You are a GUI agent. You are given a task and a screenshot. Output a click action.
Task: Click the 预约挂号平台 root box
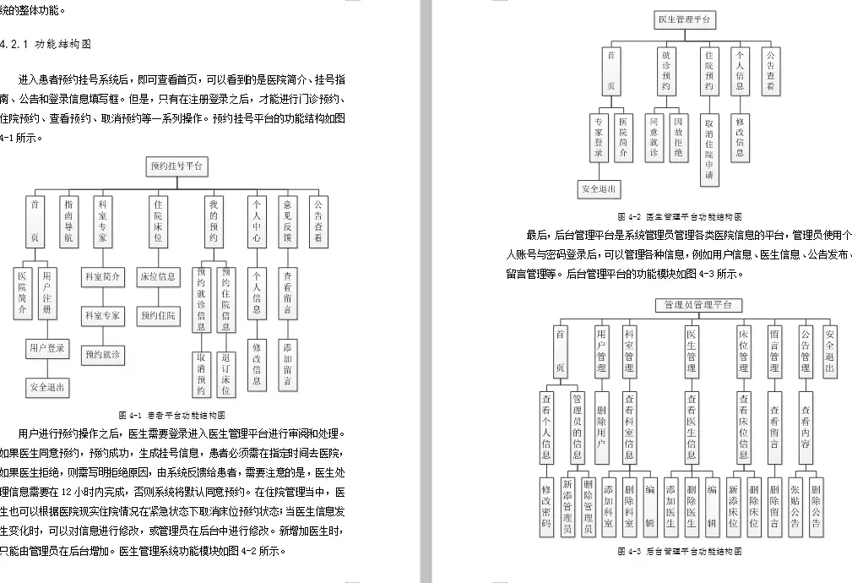[x=176, y=166]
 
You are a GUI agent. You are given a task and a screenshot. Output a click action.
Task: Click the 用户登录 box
[x=46, y=347]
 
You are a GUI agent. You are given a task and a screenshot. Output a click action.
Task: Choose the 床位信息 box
[x=158, y=276]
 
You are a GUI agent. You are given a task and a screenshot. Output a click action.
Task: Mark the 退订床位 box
[x=226, y=373]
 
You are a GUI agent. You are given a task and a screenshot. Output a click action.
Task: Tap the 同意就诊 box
[x=654, y=137]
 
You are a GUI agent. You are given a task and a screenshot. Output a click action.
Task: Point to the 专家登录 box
[x=599, y=137]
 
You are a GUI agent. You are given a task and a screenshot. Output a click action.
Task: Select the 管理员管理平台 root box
[x=697, y=305]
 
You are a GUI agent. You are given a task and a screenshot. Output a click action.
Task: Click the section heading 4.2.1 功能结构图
[x=49, y=43]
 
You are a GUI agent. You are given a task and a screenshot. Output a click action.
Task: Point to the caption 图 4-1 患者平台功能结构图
[x=171, y=415]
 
